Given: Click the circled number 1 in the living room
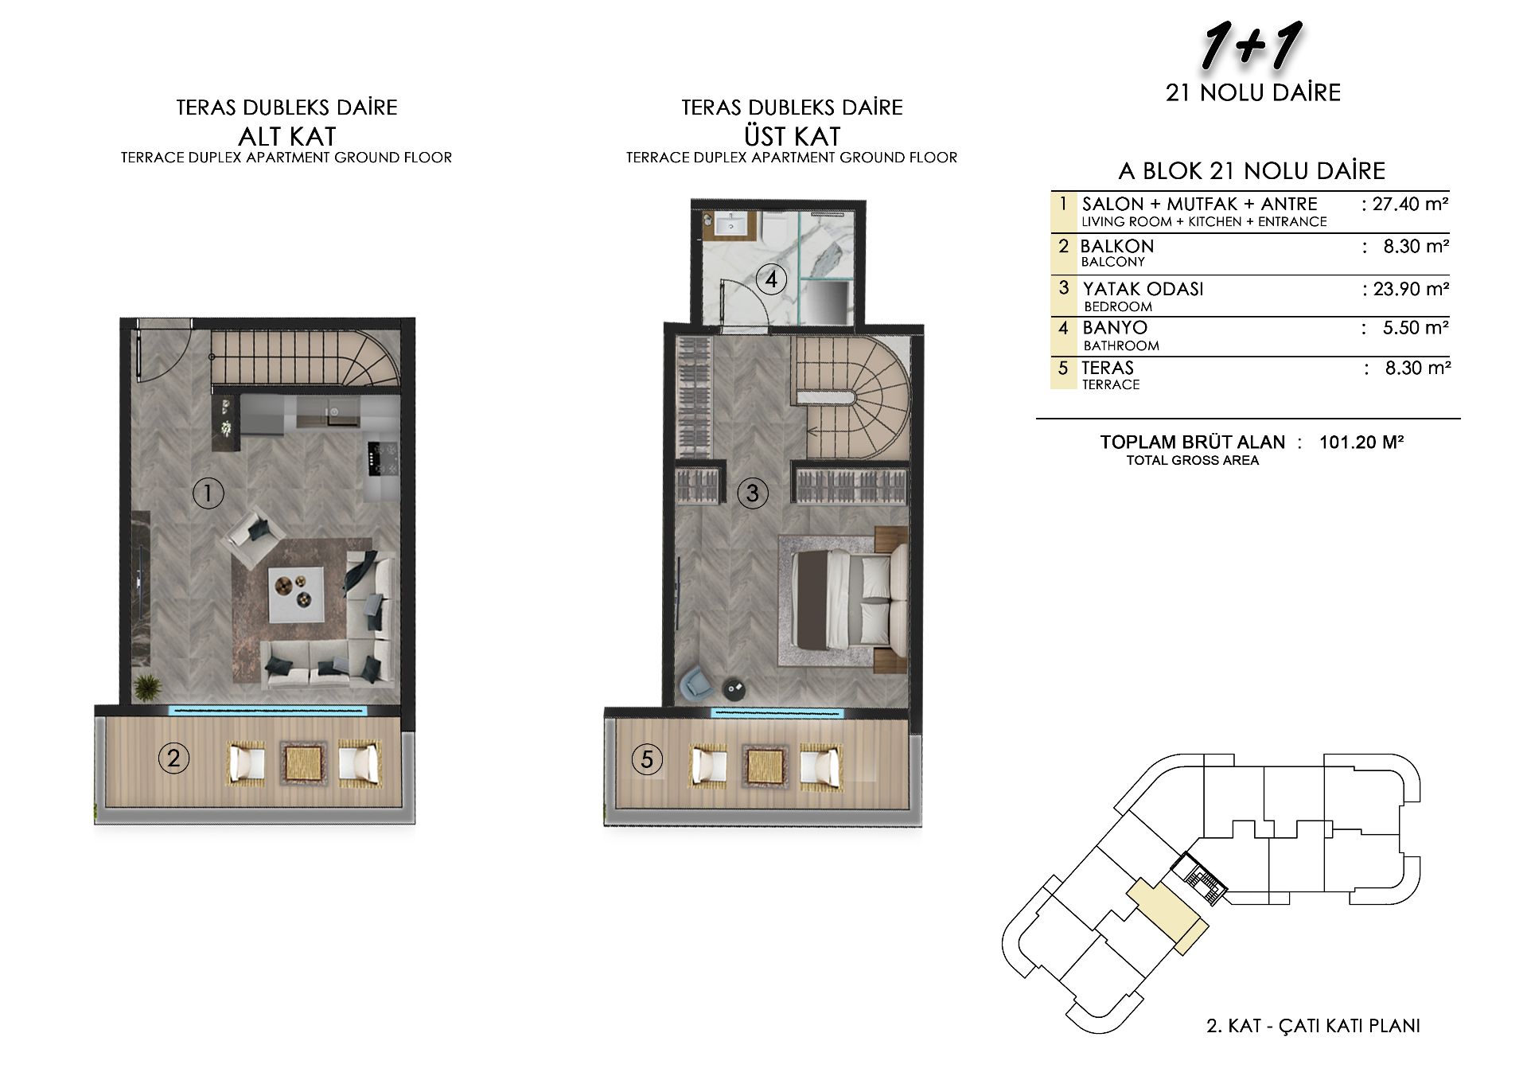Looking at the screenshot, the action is [x=208, y=493].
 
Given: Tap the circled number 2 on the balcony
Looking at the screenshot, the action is [x=173, y=758].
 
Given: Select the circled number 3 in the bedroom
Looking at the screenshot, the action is [x=752, y=493].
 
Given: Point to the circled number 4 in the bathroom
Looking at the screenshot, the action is [x=771, y=279].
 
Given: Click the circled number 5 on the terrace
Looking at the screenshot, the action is [x=647, y=759].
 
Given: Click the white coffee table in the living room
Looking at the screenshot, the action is [x=296, y=595].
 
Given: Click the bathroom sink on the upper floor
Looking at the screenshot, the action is [x=729, y=225].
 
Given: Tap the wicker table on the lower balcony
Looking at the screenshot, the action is [x=303, y=762].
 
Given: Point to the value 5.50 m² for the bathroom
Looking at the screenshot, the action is [x=1416, y=327].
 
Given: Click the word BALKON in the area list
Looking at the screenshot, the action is [x=1117, y=246].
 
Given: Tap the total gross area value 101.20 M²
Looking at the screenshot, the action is [x=1361, y=442].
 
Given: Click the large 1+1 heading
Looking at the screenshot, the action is [x=1251, y=45].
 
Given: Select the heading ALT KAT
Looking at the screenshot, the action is [x=287, y=136].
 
